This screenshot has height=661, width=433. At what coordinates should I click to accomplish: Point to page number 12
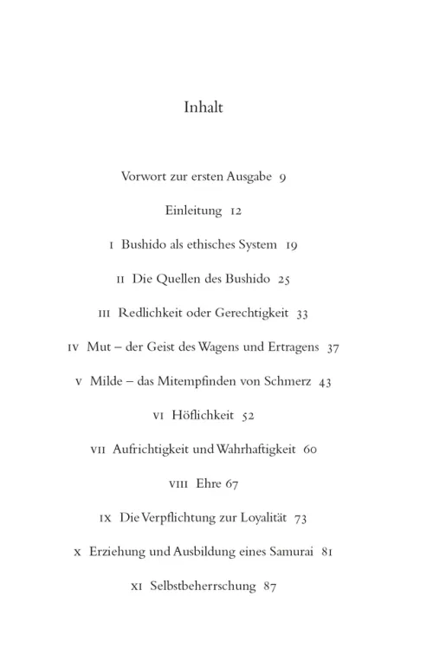tap(236, 211)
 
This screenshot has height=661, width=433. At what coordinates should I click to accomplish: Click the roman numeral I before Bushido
tap(113, 245)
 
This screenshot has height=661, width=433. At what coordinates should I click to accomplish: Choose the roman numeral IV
tap(74, 347)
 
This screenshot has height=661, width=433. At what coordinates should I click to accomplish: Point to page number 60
tap(310, 450)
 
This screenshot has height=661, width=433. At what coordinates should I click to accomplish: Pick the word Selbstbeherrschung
tap(203, 586)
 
